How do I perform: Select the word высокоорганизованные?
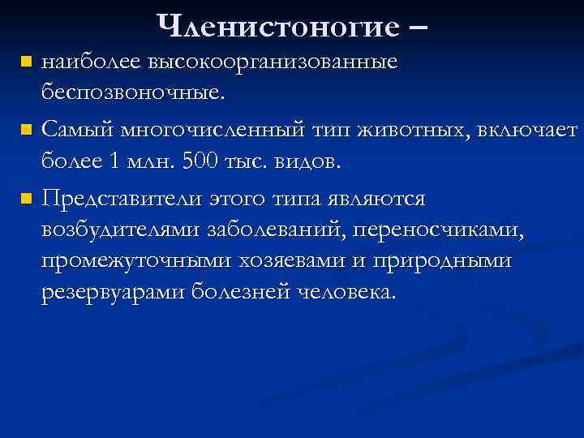tap(260, 62)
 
